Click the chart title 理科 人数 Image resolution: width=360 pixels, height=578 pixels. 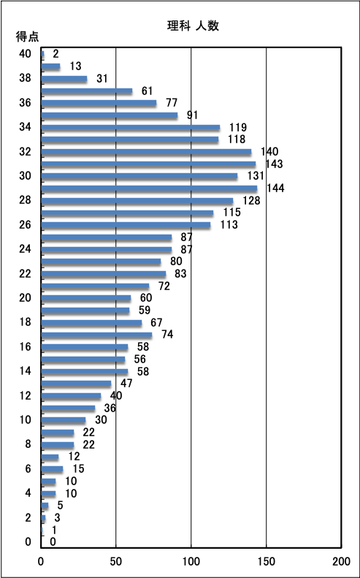tap(193, 26)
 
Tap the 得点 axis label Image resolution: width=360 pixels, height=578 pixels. tap(27, 37)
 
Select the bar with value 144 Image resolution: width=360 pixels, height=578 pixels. tap(149, 189)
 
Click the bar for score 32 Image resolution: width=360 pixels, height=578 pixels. tap(146, 152)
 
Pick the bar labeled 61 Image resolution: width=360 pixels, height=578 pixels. tap(87, 91)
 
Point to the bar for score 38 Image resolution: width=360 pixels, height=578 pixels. tap(64, 78)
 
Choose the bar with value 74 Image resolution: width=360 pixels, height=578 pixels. tap(96, 335)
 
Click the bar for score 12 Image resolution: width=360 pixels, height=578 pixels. tap(71, 396)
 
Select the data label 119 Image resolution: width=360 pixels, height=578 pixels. tap(239, 128)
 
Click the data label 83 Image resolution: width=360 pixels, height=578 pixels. tap(180, 274)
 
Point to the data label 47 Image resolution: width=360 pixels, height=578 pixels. tap(126, 384)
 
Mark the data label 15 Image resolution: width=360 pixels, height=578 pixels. tap(78, 468)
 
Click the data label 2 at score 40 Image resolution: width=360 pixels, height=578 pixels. tap(56, 54)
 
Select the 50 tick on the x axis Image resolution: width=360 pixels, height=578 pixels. tap(116, 561)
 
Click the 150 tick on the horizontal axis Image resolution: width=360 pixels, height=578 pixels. tap(267, 561)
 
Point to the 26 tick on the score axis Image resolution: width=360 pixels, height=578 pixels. tap(25, 225)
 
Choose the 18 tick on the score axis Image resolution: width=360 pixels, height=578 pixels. tap(25, 322)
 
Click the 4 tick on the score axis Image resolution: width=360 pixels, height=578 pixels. tap(28, 493)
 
